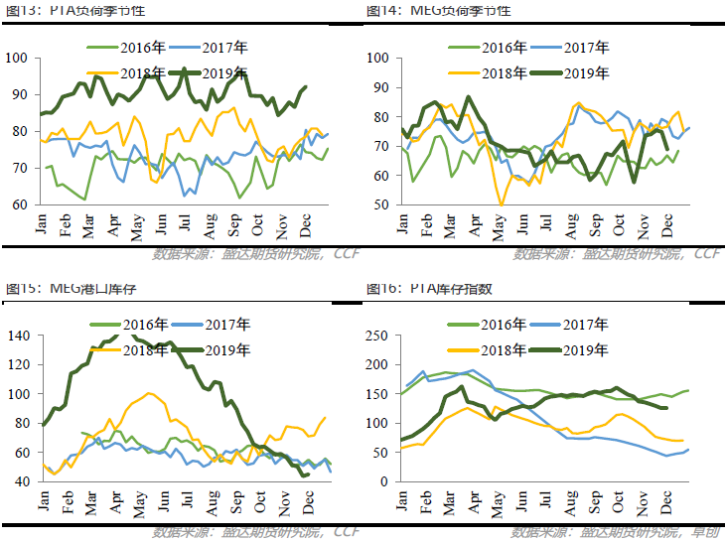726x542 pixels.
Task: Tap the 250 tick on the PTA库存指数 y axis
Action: pyautogui.click(x=376, y=336)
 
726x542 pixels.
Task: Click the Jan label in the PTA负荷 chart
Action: pyautogui.click(x=42, y=223)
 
